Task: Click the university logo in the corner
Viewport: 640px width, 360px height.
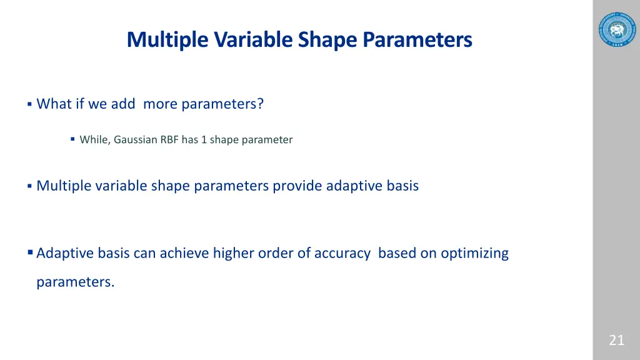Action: pyautogui.click(x=616, y=29)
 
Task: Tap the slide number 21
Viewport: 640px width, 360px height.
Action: pyautogui.click(x=616, y=341)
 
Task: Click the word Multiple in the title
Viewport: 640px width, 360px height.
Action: pyautogui.click(x=168, y=39)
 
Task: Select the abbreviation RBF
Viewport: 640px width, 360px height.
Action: pyautogui.click(x=169, y=140)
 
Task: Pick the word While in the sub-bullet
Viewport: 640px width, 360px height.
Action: pyautogui.click(x=94, y=140)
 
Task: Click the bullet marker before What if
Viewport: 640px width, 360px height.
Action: pyautogui.click(x=29, y=104)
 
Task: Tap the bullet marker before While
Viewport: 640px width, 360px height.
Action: pyautogui.click(x=72, y=139)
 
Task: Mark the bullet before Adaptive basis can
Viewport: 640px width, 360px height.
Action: pyautogui.click(x=30, y=253)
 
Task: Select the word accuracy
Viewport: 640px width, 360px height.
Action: pyautogui.click(x=342, y=253)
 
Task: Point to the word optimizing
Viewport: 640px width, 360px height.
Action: pyautogui.click(x=474, y=253)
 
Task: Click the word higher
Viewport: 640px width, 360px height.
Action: pyautogui.click(x=232, y=253)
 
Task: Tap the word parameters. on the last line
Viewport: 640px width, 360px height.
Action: pyautogui.click(x=75, y=282)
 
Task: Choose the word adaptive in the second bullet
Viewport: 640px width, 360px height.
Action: pyautogui.click(x=352, y=186)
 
